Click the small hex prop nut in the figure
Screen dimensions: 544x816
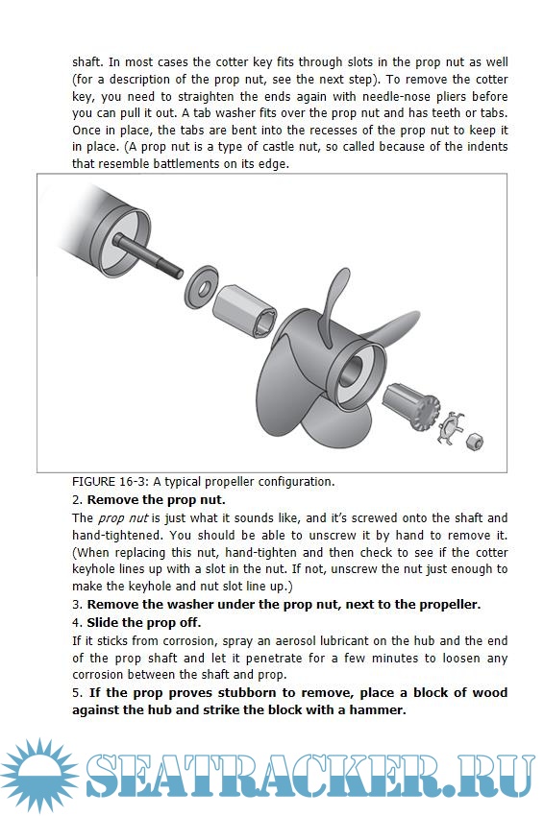click(x=474, y=442)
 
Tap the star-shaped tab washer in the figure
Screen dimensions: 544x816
click(x=449, y=428)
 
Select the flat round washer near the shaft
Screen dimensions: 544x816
click(x=202, y=286)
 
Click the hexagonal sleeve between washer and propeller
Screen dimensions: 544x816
click(x=244, y=311)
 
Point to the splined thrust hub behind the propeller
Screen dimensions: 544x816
click(x=411, y=406)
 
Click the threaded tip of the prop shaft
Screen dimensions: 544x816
click(x=174, y=269)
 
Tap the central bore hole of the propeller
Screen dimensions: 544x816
click(x=352, y=371)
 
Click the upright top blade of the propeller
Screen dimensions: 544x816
click(x=335, y=306)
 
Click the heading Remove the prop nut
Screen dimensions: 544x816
click(x=157, y=499)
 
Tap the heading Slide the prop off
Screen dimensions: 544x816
click(x=144, y=622)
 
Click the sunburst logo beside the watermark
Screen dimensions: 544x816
click(x=39, y=776)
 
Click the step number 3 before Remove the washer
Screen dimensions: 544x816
click(x=77, y=605)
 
